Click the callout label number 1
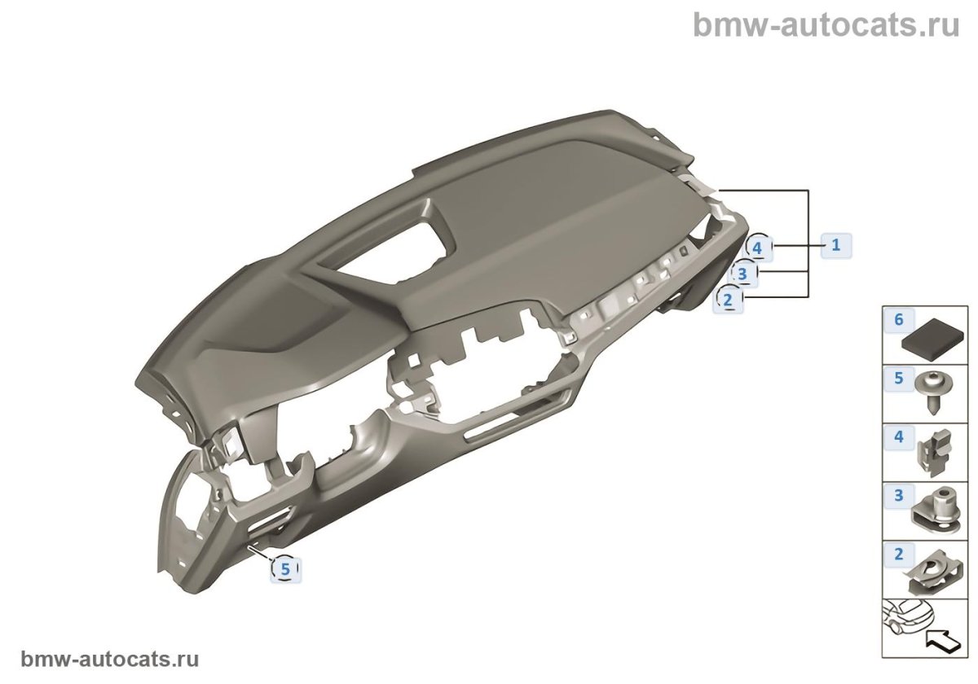click(835, 243)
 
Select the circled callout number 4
click(757, 246)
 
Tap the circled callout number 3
click(742, 274)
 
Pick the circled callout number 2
click(728, 300)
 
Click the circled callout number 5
click(285, 569)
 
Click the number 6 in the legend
click(899, 319)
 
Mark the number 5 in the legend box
click(899, 378)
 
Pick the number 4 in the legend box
click(899, 437)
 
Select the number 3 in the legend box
click(899, 495)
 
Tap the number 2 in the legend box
click(899, 555)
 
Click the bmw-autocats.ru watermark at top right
click(826, 24)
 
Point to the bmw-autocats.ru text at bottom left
click(109, 659)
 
